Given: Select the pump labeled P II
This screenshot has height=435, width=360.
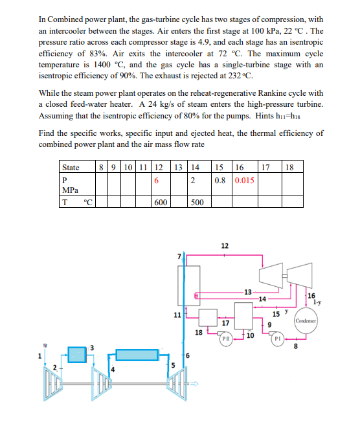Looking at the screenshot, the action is coord(226,339).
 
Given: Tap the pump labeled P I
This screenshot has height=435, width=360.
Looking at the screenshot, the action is coord(278,339).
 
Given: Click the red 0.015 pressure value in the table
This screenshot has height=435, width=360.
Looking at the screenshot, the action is coord(245,181).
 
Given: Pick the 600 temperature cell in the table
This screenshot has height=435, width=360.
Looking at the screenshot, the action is coord(161,202).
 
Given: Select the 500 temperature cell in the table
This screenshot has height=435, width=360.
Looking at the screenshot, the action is coord(197,202).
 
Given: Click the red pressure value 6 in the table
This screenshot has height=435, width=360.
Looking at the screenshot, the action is coord(156,181).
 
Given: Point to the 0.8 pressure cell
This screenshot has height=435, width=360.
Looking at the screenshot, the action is coord(220,181).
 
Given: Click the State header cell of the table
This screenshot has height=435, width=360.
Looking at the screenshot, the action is coord(71,168).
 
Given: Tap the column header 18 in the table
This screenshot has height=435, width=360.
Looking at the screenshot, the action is coord(289,167).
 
